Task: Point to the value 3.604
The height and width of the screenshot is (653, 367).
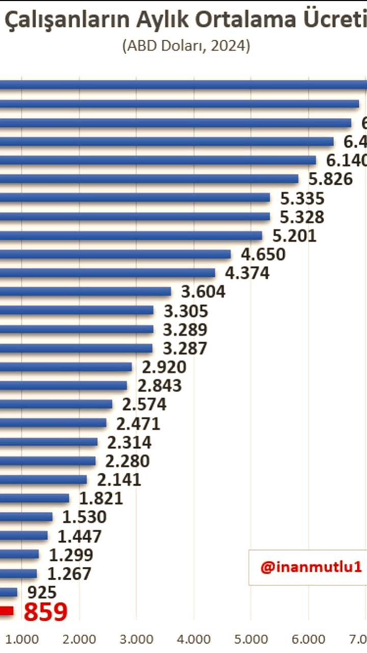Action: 203,292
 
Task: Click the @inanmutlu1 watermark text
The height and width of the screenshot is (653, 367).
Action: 311,567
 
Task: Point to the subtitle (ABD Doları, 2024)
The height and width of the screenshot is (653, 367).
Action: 186,46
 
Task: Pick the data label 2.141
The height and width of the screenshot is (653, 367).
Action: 119,480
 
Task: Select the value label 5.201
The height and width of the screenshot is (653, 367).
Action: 294,236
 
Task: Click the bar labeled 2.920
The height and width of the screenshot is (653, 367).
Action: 66,367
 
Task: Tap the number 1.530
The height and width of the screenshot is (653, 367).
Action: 84,517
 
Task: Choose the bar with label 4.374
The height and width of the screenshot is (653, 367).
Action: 108,273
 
